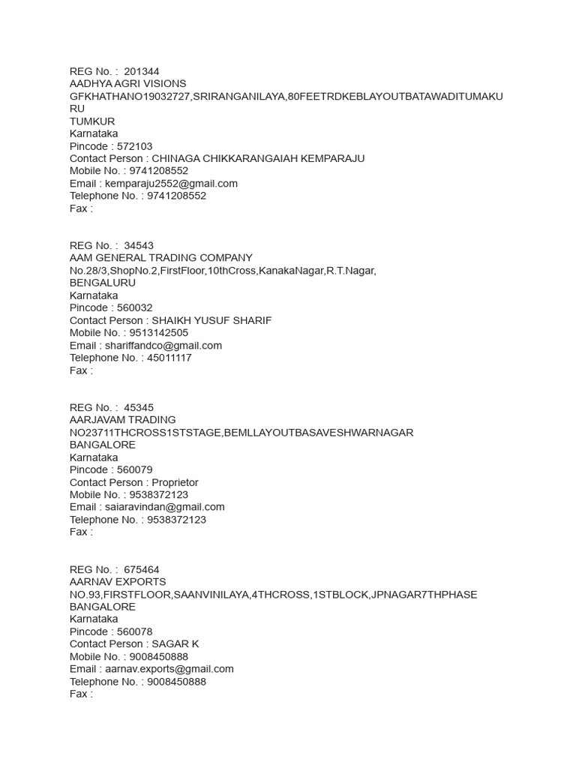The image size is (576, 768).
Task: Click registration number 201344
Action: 142,71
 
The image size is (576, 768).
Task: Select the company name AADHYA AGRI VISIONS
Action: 127,83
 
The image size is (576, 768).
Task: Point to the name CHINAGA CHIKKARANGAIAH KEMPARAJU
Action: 258,158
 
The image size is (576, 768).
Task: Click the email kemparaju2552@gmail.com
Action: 172,183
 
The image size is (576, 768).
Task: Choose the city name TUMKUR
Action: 92,121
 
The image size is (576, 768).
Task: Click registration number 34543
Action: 139,245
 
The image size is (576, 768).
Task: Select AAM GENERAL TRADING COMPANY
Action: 161,258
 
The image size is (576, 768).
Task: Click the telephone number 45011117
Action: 169,358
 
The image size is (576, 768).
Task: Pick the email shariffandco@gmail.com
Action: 163,346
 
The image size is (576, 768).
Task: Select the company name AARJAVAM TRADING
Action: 123,420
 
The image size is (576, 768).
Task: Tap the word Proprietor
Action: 175,482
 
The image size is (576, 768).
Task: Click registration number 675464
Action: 142,569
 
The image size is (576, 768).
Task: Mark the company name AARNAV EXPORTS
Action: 118,582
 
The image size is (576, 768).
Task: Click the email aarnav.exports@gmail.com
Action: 169,669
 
